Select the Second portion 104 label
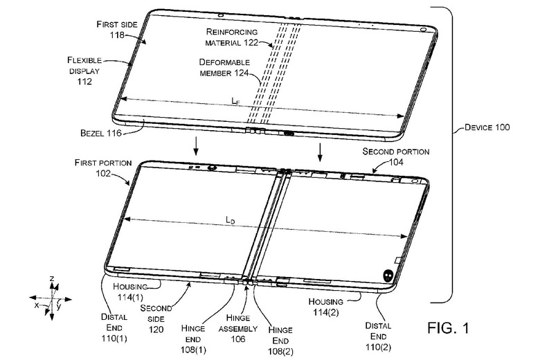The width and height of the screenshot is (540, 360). [x=397, y=155]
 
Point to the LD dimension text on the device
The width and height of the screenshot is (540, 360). [x=231, y=219]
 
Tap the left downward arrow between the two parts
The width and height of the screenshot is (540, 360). [x=196, y=146]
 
